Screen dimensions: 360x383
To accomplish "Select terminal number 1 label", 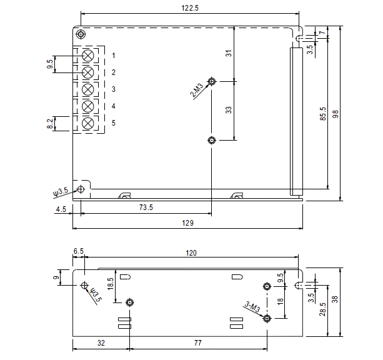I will [x=114, y=56].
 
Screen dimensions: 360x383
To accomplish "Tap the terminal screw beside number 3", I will [x=88, y=89].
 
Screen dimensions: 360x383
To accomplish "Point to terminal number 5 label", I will [x=114, y=123].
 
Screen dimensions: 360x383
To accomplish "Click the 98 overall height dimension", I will [x=336, y=114].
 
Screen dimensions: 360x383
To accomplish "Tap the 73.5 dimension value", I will [x=147, y=207].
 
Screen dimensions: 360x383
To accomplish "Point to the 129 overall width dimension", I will [x=187, y=222].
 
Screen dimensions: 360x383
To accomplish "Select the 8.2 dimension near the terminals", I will [x=50, y=124].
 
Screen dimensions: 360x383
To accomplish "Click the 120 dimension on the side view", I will [x=191, y=252].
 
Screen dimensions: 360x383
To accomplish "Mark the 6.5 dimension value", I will [x=78, y=251].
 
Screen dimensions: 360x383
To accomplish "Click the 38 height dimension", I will [x=336, y=299].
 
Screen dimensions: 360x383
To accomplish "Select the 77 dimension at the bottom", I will [x=197, y=343].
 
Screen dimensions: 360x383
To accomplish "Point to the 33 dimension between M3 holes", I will [x=229, y=109].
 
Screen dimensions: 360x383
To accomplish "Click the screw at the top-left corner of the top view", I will [x=81, y=34].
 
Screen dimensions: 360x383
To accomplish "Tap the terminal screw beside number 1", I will [x=88, y=56].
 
